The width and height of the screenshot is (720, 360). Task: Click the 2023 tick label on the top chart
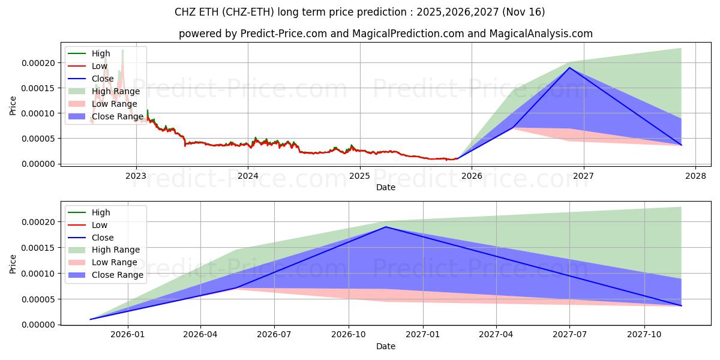tap(136, 176)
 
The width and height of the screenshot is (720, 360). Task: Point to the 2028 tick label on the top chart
tap(695, 176)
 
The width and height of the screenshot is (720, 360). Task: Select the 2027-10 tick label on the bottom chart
tap(644, 335)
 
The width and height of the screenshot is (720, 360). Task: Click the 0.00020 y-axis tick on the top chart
tap(39, 63)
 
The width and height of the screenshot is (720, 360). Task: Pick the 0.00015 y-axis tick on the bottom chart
tap(39, 248)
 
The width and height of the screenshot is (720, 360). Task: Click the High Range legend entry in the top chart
tap(115, 91)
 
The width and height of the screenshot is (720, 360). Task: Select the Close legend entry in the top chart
tap(103, 79)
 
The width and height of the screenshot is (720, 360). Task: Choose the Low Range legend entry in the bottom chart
tap(114, 262)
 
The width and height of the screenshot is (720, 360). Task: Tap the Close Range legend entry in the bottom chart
tap(117, 275)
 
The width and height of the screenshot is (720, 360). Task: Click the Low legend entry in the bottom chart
tap(100, 225)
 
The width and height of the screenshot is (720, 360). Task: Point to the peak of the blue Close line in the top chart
tap(569, 67)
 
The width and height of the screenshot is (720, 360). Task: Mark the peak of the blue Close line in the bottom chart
tap(386, 227)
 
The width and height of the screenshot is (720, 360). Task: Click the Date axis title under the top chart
tap(385, 187)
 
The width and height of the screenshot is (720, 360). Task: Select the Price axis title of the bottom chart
tap(13, 263)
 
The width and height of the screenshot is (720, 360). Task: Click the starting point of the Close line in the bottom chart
tap(91, 319)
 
